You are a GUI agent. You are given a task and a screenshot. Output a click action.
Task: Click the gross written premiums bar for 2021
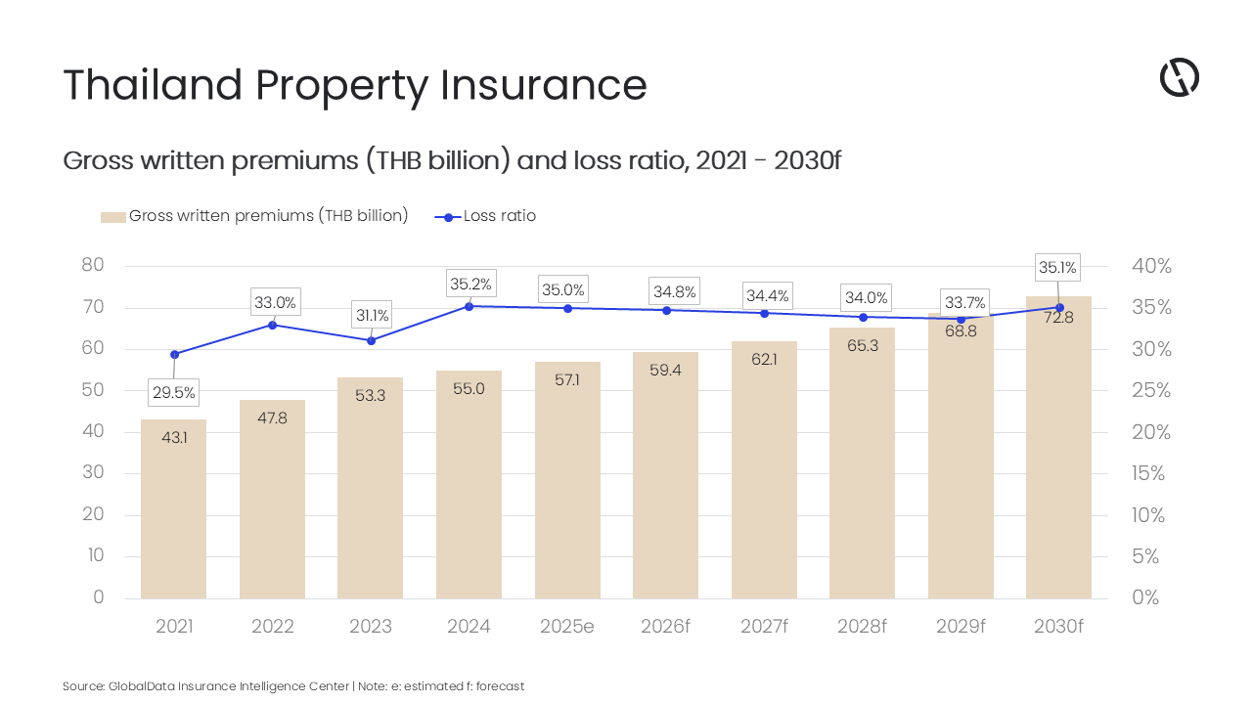(173, 508)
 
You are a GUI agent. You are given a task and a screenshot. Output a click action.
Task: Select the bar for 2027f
(764, 469)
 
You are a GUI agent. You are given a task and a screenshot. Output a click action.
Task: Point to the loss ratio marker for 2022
(273, 325)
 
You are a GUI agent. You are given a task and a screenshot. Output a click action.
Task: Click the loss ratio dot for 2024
(469, 306)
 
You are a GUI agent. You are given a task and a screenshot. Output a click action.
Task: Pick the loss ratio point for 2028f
(863, 317)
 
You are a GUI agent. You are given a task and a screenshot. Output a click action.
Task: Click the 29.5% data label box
(173, 393)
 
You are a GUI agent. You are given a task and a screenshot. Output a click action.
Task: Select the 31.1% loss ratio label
(372, 316)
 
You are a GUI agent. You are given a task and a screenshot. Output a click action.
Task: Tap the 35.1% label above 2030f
(1057, 267)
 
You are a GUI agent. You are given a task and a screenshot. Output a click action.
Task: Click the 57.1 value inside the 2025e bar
(567, 379)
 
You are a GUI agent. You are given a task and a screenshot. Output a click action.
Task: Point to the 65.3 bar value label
(862, 346)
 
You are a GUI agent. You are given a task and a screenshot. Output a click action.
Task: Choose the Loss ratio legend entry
(499, 216)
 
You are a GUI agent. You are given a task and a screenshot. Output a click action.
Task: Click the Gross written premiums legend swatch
(113, 217)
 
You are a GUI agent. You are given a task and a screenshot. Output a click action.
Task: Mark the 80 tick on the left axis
(92, 266)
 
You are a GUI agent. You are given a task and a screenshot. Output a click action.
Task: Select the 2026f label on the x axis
(665, 627)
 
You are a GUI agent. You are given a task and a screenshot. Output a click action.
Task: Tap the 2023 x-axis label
(372, 627)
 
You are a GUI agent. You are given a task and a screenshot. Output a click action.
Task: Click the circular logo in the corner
(1180, 77)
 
